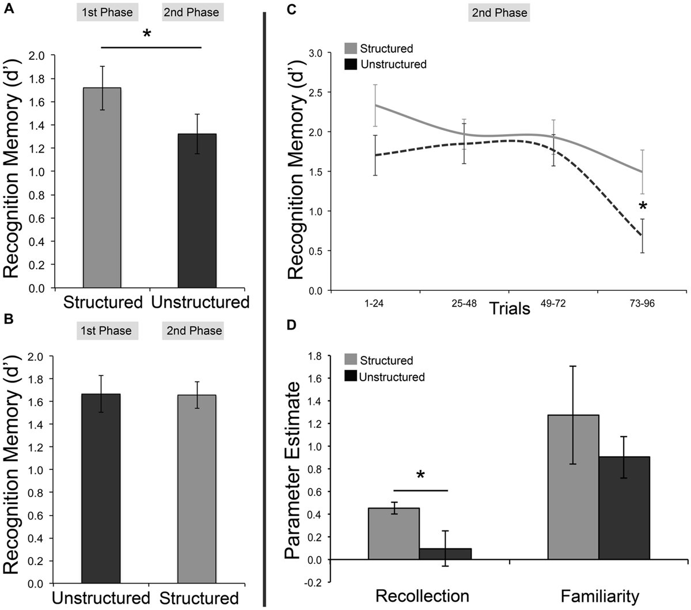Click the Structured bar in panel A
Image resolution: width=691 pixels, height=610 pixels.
[x=102, y=188]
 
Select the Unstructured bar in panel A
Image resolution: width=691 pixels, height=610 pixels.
[x=197, y=211]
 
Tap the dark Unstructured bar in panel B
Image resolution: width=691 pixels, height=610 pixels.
[x=101, y=488]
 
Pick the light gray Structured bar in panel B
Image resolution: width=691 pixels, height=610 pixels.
[x=196, y=488]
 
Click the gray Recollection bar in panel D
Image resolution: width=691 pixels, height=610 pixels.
[x=393, y=533]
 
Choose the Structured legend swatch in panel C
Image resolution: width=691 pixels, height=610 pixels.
[x=351, y=49]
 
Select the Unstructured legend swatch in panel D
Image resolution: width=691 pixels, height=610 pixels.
[x=351, y=377]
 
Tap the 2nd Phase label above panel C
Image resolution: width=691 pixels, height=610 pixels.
[x=499, y=13]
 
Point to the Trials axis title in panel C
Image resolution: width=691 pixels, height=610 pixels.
[x=510, y=309]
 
